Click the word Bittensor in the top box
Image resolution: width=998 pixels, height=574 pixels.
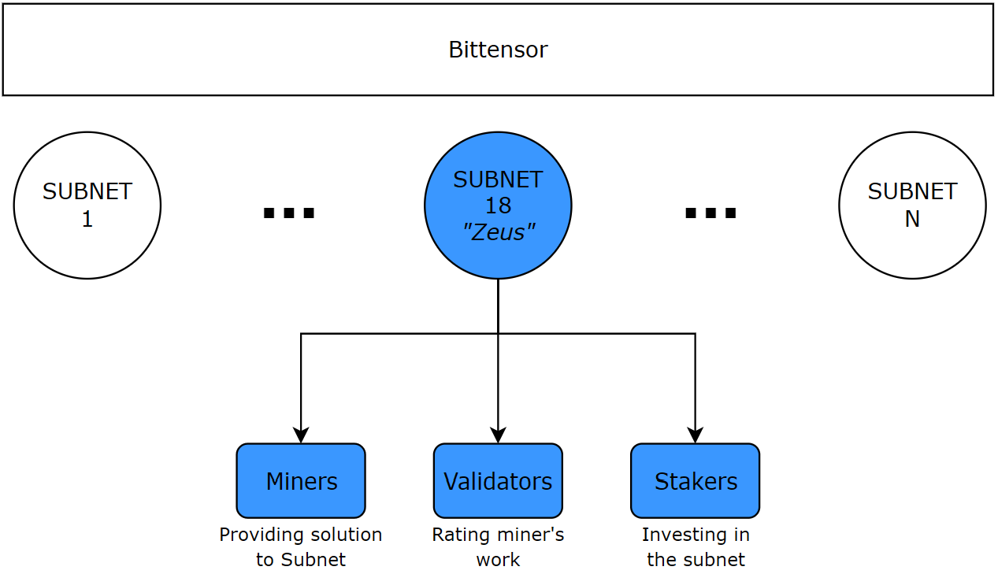pyautogui.click(x=498, y=50)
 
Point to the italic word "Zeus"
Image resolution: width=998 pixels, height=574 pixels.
pyautogui.click(x=498, y=231)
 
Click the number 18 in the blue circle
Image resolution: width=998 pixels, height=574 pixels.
pyautogui.click(x=498, y=206)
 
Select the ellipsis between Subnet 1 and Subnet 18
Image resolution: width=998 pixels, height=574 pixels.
pyautogui.click(x=288, y=213)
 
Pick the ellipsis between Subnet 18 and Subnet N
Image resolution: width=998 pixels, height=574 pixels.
pyautogui.click(x=710, y=213)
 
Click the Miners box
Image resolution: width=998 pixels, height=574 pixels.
pyautogui.click(x=301, y=481)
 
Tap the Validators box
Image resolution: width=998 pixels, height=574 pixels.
pyautogui.click(x=498, y=481)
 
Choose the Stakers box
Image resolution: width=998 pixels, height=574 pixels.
pyautogui.click(x=695, y=481)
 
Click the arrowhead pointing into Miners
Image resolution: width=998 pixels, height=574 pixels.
pyautogui.click(x=301, y=435)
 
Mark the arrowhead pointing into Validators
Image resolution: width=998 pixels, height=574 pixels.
pyautogui.click(x=498, y=435)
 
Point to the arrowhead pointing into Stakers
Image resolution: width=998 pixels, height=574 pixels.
pyautogui.click(x=695, y=435)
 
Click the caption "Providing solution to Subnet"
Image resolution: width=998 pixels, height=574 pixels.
pyautogui.click(x=301, y=547)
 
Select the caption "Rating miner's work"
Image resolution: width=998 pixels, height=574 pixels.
pyautogui.click(x=498, y=547)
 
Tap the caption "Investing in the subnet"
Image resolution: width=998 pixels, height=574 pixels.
pyautogui.click(x=696, y=547)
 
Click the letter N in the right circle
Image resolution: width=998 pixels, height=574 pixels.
pyautogui.click(x=912, y=219)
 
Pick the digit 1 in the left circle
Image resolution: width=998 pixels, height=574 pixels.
pyautogui.click(x=87, y=219)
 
